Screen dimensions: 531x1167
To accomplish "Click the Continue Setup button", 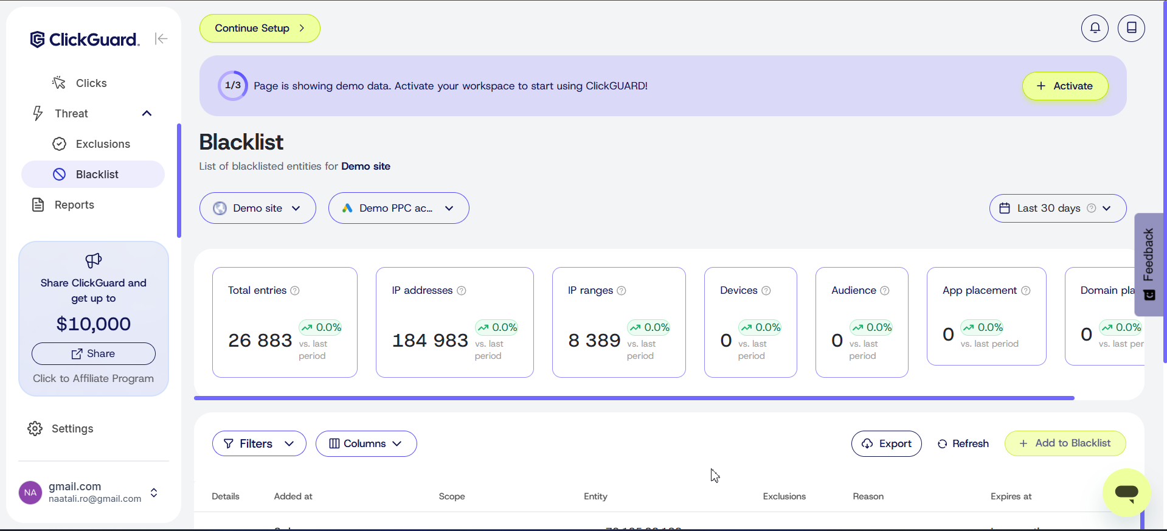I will pyautogui.click(x=260, y=29).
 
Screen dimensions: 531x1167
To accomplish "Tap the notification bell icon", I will pyautogui.click(x=1095, y=28).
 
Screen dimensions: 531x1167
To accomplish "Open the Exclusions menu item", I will pyautogui.click(x=102, y=144).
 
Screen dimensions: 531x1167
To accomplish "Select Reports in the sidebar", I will pyautogui.click(x=74, y=205).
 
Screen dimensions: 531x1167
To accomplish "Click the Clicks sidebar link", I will pyautogui.click(x=91, y=83).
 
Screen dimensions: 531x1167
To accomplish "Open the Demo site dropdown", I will pyautogui.click(x=257, y=208).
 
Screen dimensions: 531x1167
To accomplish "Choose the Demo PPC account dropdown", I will pyautogui.click(x=398, y=208).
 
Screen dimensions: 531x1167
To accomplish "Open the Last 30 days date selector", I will pyautogui.click(x=1057, y=208).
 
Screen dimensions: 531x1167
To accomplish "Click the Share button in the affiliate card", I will pyautogui.click(x=94, y=353).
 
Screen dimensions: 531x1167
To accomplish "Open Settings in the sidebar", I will pyautogui.click(x=72, y=429).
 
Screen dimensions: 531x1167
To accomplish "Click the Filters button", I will pyautogui.click(x=259, y=443).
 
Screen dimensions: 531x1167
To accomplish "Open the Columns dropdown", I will pyautogui.click(x=366, y=443).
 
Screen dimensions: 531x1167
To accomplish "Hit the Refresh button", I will pyautogui.click(x=963, y=443).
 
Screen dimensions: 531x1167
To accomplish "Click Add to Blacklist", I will pyautogui.click(x=1065, y=443).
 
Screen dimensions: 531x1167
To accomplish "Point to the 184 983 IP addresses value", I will pyautogui.click(x=430, y=341).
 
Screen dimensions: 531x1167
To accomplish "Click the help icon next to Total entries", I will pyautogui.click(x=295, y=291).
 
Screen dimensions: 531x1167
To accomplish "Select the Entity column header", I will pyautogui.click(x=595, y=496).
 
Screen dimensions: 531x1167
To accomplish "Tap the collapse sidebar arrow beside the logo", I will pyautogui.click(x=161, y=39).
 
